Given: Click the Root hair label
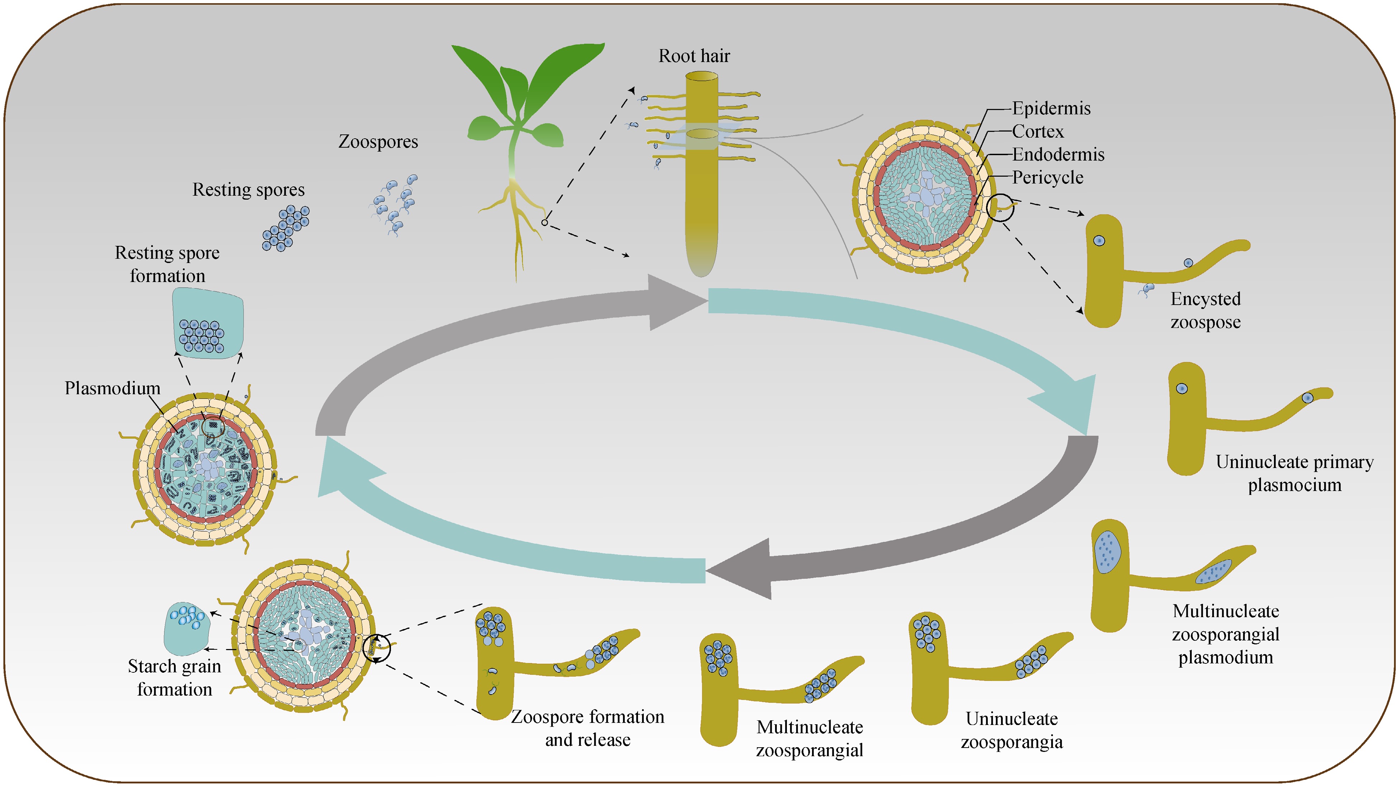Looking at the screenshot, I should tap(694, 56).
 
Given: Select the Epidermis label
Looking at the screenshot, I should tap(1051, 109).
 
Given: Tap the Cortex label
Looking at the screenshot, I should tap(1037, 132).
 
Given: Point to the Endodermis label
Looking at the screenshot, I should tap(1058, 154).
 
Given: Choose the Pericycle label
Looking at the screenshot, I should tap(1047, 178).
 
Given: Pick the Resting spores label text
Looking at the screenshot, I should tap(248, 190).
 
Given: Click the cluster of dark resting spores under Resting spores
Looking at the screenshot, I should tap(286, 228).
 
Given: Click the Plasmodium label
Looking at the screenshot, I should tap(112, 388).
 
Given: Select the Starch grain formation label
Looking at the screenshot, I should tap(174, 677).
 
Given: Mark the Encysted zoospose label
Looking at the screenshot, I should tap(1205, 310).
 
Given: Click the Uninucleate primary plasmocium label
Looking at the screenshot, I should tap(1294, 473).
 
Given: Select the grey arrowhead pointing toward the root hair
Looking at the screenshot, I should tap(676, 302).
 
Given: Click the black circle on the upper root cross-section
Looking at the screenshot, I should tap(1000, 208).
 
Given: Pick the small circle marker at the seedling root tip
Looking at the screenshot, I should tap(544, 223).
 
